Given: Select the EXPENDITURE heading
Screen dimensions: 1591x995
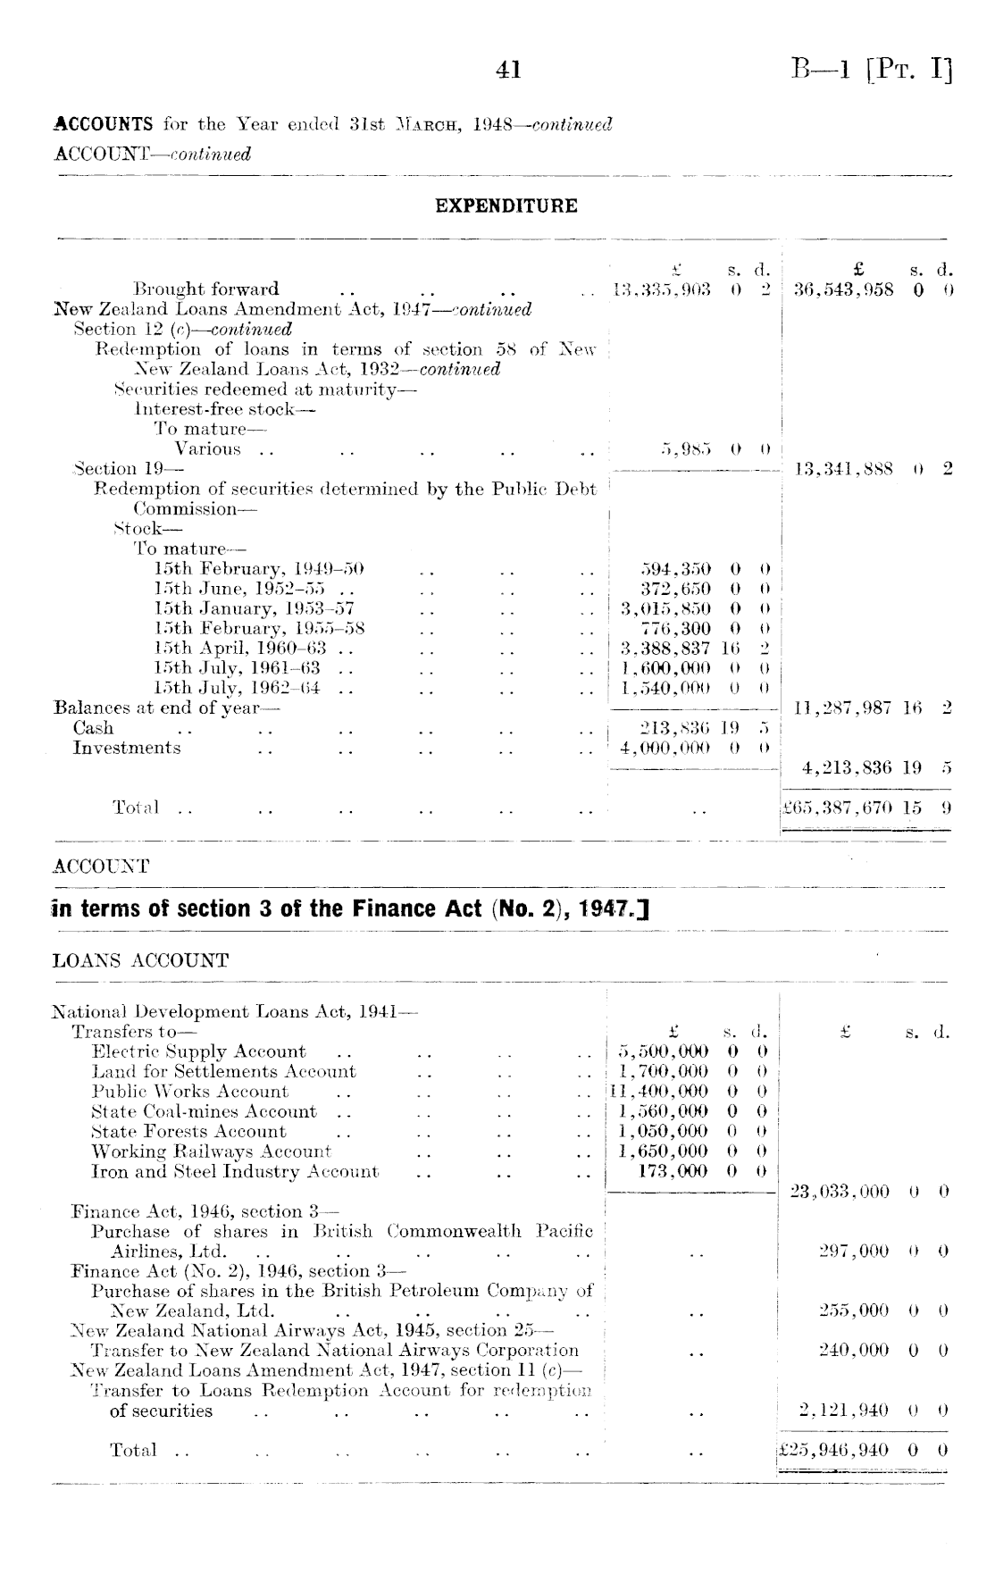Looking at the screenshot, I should click(x=506, y=206).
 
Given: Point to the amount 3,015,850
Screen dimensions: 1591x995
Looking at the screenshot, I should click(x=665, y=609).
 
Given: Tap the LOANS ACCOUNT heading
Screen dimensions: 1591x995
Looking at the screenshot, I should click(x=141, y=961).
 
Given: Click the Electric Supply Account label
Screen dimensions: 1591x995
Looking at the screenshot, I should click(x=199, y=1051).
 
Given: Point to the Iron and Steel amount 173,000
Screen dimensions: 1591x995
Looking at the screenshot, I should click(x=673, y=1171).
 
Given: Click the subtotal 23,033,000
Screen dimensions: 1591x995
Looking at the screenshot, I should click(x=840, y=1192).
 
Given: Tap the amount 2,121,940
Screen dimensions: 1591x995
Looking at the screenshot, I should click(x=846, y=1411).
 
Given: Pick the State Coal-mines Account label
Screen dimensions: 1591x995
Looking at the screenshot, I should click(x=205, y=1112).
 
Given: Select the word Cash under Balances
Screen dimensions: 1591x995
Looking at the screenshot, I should click(x=94, y=728).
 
